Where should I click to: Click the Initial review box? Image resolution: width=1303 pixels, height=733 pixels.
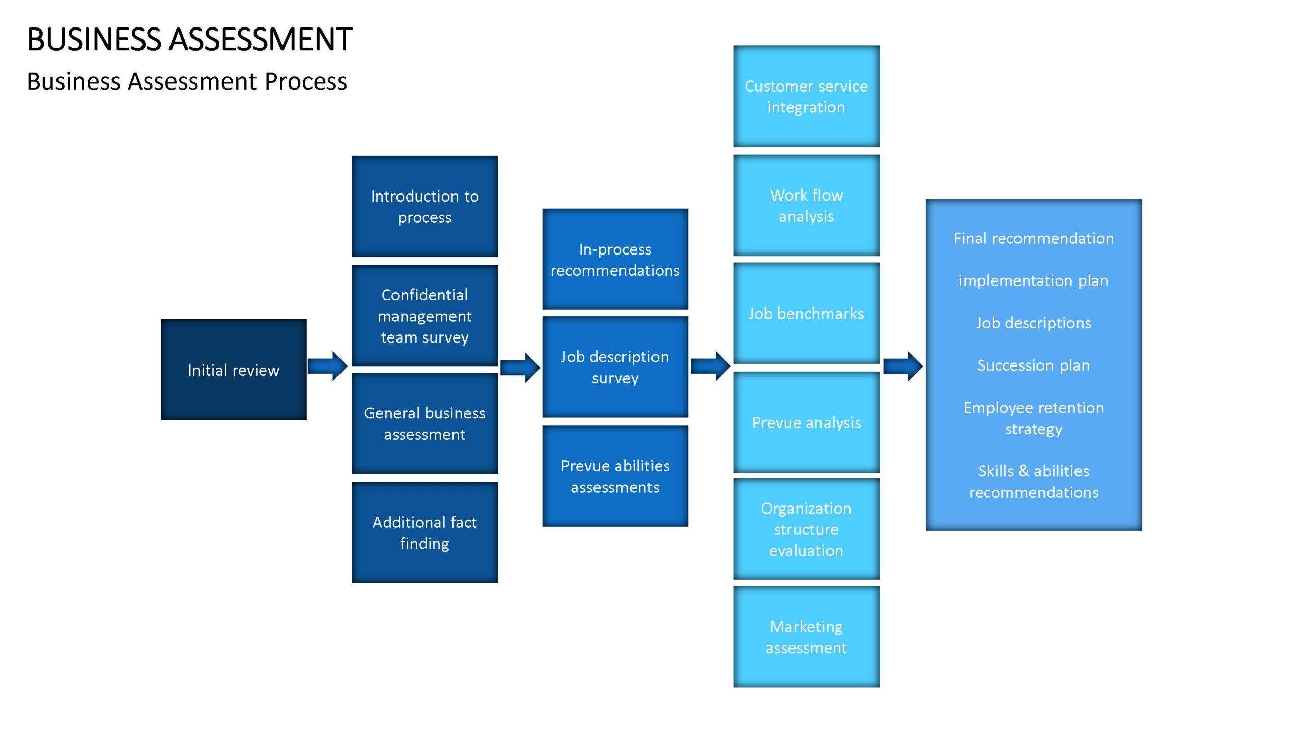pyautogui.click(x=234, y=370)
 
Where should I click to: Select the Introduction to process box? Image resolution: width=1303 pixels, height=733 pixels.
pyautogui.click(x=424, y=206)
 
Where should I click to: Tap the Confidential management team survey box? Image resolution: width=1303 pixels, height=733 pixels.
pyautogui.click(x=424, y=316)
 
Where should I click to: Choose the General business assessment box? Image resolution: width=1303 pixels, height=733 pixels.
pyautogui.click(x=424, y=424)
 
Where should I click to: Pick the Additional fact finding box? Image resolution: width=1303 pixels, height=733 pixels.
pyautogui.click(x=424, y=532)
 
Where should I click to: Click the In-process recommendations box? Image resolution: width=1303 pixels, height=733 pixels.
pyautogui.click(x=615, y=259)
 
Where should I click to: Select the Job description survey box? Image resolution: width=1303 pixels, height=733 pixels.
pyautogui.click(x=615, y=367)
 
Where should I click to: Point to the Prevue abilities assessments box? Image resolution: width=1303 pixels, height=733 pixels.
pyautogui.click(x=615, y=476)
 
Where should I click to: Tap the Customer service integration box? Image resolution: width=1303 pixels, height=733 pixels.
pyautogui.click(x=806, y=96)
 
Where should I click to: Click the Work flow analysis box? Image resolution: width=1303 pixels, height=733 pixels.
pyautogui.click(x=806, y=205)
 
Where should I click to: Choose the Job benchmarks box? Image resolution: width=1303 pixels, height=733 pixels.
pyautogui.click(x=806, y=314)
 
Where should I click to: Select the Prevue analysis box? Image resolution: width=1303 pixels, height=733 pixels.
pyautogui.click(x=806, y=422)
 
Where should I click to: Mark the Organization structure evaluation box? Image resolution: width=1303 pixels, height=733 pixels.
pyautogui.click(x=806, y=529)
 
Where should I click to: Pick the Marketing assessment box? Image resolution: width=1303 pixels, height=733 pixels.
pyautogui.click(x=806, y=637)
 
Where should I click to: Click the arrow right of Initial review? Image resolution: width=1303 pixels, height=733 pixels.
pyautogui.click(x=328, y=366)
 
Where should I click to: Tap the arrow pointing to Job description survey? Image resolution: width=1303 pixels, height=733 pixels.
pyautogui.click(x=520, y=368)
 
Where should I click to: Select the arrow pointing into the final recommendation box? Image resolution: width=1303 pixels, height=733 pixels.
pyautogui.click(x=903, y=366)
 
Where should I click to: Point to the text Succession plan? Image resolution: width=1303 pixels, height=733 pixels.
pyautogui.click(x=1033, y=365)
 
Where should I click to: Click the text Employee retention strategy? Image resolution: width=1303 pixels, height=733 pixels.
pyautogui.click(x=1034, y=418)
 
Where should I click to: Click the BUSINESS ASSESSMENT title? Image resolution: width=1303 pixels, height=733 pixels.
pyautogui.click(x=189, y=39)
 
